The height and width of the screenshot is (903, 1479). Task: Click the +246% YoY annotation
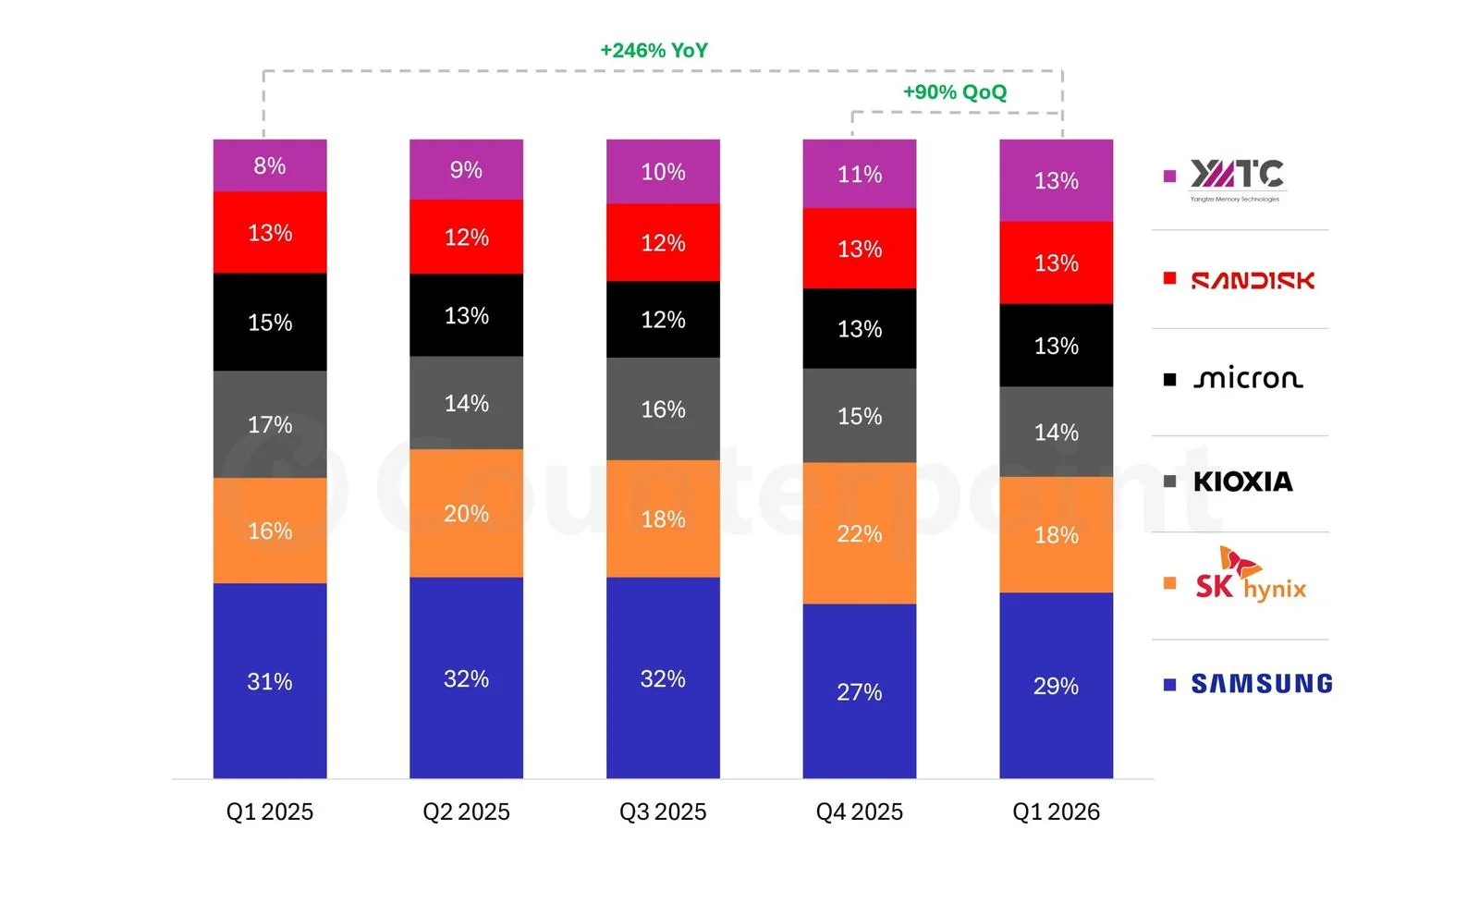654,51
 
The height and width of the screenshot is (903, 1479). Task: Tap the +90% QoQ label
955,92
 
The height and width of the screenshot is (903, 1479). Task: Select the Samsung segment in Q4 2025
860,691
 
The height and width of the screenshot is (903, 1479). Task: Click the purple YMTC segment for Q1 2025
270,165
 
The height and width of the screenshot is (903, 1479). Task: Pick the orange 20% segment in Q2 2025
466,514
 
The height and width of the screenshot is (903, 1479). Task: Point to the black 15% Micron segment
270,323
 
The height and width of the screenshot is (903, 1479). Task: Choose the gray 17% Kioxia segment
270,424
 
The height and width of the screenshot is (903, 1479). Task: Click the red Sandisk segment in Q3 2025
663,243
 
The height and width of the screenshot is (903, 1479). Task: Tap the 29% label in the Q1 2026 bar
1056,687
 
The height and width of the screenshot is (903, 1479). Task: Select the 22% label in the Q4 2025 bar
860,533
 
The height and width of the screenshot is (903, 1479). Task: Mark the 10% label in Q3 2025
663,172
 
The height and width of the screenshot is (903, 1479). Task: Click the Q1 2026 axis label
1056,811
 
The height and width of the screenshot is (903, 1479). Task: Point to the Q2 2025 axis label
466,811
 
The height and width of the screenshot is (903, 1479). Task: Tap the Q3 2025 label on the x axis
663,811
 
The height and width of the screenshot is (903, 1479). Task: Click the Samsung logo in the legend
1262,684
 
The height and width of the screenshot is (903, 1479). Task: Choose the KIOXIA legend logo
1242,482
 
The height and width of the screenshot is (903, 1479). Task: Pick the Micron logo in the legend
1248,379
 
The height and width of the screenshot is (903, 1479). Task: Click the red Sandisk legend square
1169,278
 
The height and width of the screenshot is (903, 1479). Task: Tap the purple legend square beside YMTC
1169,176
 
